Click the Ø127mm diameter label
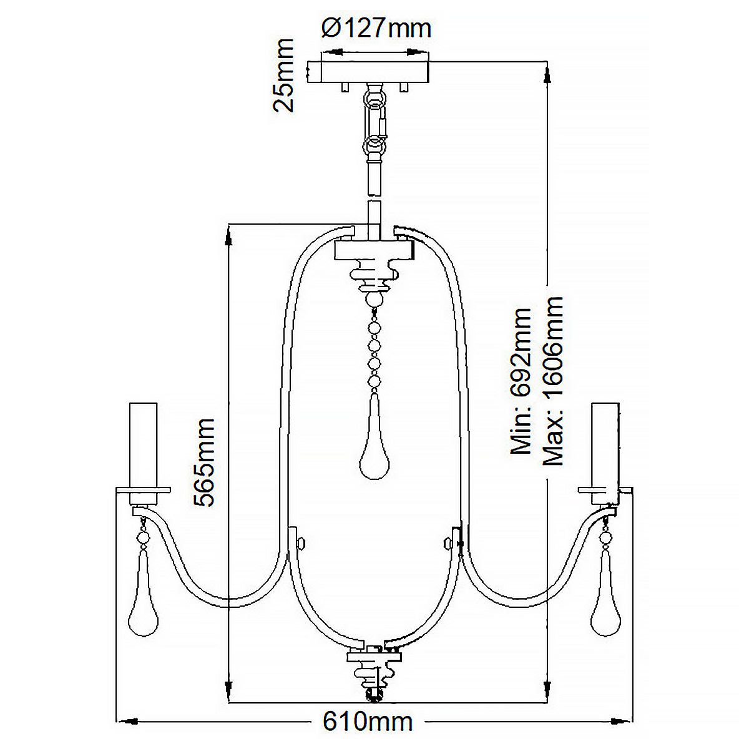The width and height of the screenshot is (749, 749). tap(376, 28)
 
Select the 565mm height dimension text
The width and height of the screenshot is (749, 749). tap(204, 462)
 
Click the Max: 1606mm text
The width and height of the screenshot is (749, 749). tap(553, 381)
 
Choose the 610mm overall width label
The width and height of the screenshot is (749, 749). tap(368, 722)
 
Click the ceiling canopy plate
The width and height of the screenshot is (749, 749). tap(371, 71)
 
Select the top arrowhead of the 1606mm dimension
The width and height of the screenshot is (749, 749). tap(547, 76)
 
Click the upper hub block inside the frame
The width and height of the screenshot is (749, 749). tap(373, 251)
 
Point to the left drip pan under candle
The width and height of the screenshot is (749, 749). tap(144, 491)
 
